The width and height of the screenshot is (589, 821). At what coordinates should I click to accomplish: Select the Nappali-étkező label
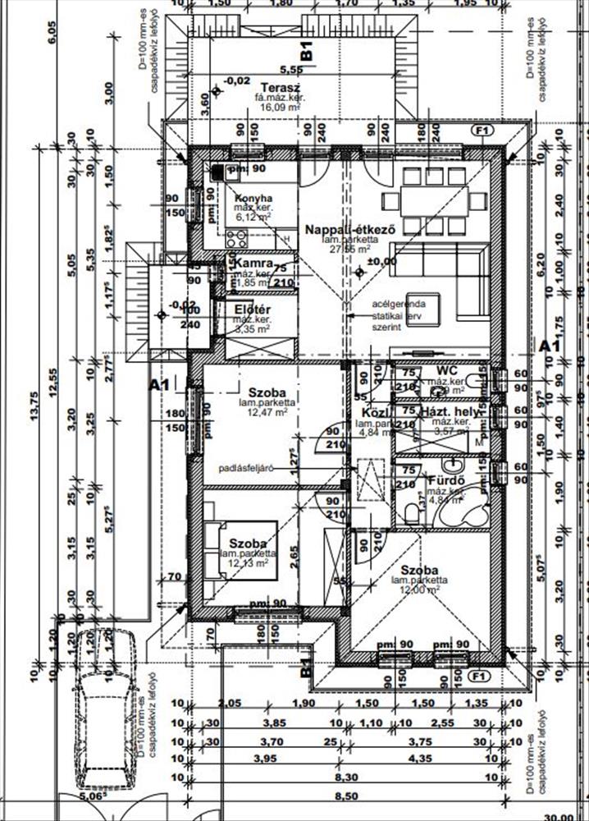pos(350,230)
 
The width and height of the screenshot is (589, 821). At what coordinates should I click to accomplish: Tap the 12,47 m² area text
pos(263,413)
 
